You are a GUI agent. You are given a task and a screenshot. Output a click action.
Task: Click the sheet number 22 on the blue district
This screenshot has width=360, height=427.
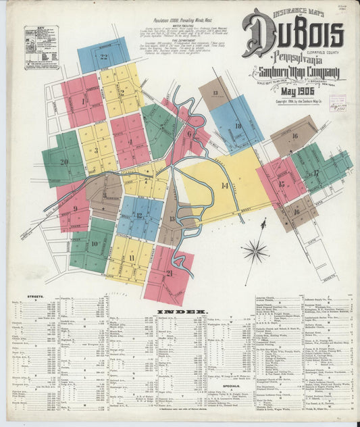click(104, 57)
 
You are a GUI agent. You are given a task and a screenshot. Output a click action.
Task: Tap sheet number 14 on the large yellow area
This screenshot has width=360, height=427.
click(224, 185)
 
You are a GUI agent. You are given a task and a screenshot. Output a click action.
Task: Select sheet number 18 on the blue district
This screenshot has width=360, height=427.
click(238, 126)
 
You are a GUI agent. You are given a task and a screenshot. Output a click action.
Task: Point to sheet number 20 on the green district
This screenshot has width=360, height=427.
click(64, 162)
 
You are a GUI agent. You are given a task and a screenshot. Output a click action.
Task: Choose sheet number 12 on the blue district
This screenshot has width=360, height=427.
click(138, 216)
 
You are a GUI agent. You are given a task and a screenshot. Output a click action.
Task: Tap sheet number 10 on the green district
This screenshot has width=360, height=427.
click(95, 244)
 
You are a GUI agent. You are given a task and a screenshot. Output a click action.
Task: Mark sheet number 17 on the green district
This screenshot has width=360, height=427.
click(315, 173)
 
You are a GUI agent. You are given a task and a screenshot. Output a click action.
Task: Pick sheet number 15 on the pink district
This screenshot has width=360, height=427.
click(282, 183)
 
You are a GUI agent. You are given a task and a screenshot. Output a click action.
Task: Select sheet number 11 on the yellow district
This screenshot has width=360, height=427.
click(130, 257)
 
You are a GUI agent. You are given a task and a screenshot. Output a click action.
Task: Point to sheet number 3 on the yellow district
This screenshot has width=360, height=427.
click(96, 151)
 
